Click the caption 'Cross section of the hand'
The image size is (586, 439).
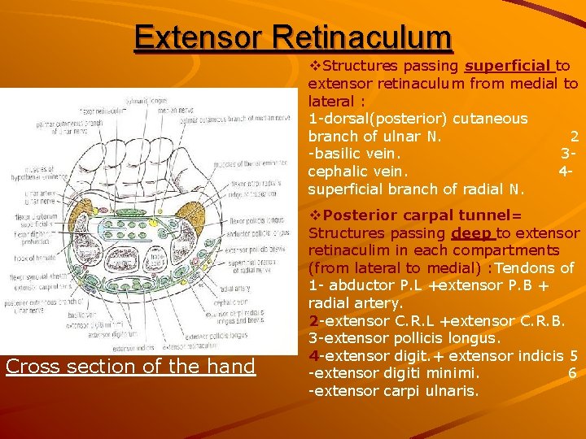130,367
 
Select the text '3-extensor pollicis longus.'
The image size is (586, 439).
405,337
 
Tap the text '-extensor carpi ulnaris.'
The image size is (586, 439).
393,391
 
